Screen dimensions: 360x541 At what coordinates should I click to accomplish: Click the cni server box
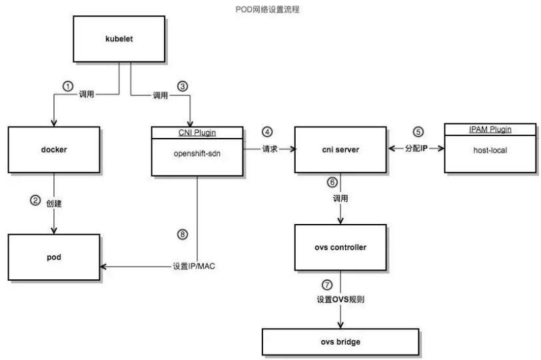[x=341, y=150]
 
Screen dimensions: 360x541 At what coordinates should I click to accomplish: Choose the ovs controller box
[x=341, y=247]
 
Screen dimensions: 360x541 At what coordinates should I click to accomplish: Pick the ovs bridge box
[x=341, y=341]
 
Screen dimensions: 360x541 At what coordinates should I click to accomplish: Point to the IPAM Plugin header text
[x=489, y=129]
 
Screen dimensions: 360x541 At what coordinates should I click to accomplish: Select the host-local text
[x=489, y=151]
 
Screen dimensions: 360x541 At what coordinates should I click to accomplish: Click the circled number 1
[x=67, y=86]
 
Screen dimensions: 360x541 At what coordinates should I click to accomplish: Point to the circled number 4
[x=267, y=131]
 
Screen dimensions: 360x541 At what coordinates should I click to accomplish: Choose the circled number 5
[x=418, y=131]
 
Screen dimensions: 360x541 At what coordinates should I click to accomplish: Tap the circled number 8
[x=183, y=235]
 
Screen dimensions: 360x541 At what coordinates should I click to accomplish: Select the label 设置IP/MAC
[x=194, y=267]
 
